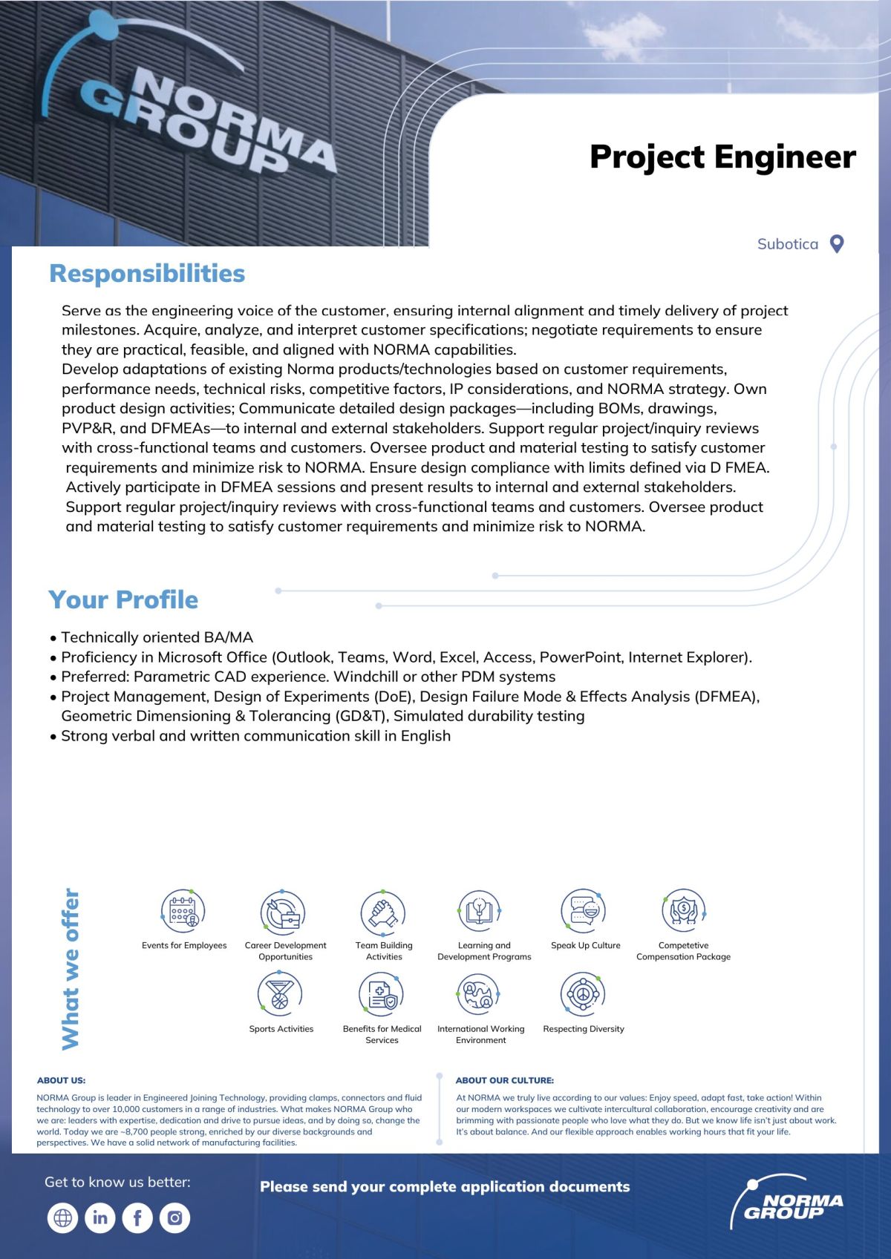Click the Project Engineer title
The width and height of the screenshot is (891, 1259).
click(x=722, y=157)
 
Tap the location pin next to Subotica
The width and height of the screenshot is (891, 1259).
click(x=837, y=244)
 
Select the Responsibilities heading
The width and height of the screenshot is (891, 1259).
click(x=147, y=273)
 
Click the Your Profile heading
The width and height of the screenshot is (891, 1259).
click(x=123, y=599)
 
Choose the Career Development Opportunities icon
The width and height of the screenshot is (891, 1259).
click(x=283, y=912)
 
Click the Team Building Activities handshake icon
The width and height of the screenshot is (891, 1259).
click(x=382, y=912)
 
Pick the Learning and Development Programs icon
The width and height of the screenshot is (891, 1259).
click(x=480, y=911)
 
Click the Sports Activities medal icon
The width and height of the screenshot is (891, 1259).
click(x=280, y=994)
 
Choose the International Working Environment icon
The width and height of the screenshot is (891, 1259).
click(x=479, y=994)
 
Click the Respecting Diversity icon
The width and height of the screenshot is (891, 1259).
click(x=584, y=994)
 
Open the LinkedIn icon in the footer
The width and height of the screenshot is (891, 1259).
click(x=100, y=1217)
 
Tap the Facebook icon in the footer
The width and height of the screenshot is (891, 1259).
click(x=137, y=1217)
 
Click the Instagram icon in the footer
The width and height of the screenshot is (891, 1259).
click(x=174, y=1217)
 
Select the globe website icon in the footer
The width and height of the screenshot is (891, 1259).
click(x=62, y=1217)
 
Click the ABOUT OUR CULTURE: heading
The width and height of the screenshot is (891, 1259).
click(x=505, y=1080)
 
